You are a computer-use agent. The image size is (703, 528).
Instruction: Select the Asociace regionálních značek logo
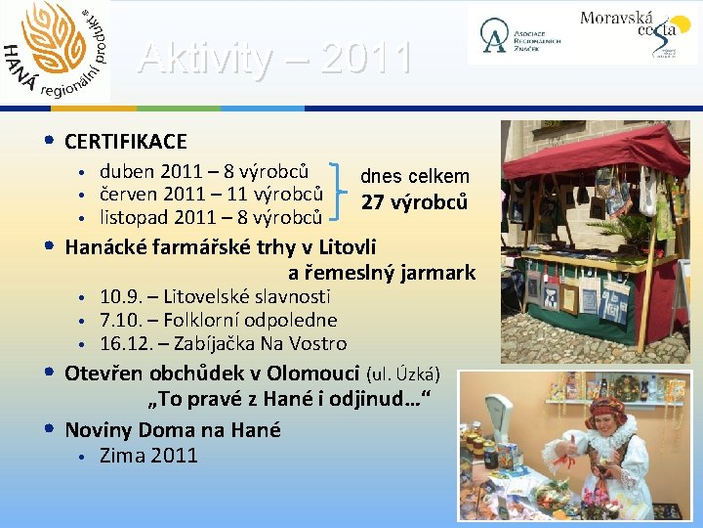click(x=517, y=35)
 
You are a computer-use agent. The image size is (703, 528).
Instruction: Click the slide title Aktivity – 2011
click(x=274, y=59)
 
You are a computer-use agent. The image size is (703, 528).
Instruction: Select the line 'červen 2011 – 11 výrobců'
click(x=211, y=194)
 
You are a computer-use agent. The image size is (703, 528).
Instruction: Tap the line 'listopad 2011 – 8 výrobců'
click(x=211, y=217)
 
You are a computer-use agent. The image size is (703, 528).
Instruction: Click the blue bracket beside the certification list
click(x=341, y=189)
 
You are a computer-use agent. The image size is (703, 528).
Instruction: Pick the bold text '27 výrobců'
click(x=414, y=203)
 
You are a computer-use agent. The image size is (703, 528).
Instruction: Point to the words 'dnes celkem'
click(x=414, y=177)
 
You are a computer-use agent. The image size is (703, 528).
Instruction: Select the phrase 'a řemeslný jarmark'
click(x=381, y=273)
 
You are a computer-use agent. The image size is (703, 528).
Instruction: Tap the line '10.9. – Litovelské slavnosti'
click(x=215, y=296)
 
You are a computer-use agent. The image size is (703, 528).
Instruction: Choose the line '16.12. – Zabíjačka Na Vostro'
click(x=223, y=343)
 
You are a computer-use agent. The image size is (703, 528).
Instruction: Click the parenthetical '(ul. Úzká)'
click(x=403, y=374)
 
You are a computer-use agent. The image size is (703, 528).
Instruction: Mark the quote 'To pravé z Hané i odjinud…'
click(x=288, y=400)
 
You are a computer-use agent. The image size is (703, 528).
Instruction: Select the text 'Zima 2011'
click(x=148, y=455)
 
